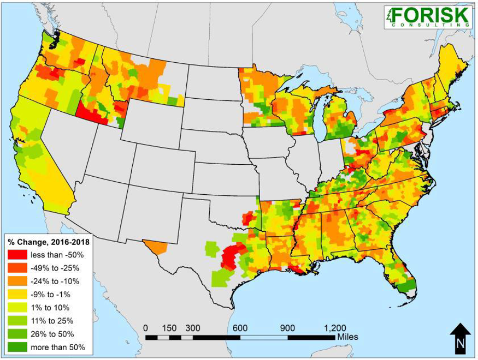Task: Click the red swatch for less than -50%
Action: (x=17, y=255)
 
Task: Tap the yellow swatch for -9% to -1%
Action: (x=17, y=295)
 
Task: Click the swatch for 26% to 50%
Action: (x=17, y=334)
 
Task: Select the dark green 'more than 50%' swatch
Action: (x=17, y=347)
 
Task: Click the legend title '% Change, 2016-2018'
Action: (x=48, y=242)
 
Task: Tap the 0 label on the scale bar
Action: (x=146, y=328)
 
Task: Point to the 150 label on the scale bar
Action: (x=169, y=328)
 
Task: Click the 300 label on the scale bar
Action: (x=193, y=328)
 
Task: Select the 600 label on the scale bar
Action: (x=240, y=328)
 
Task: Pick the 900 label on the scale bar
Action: (x=288, y=328)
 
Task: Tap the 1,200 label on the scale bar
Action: (x=335, y=328)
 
